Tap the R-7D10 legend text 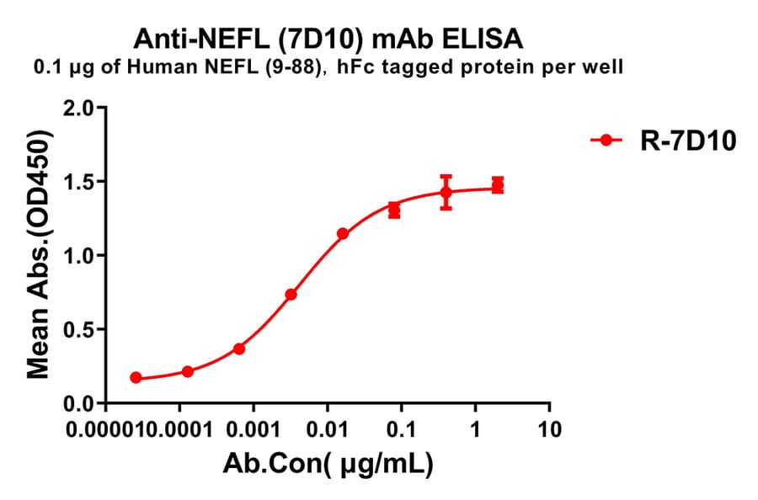(x=684, y=141)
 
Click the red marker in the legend (x=606, y=141)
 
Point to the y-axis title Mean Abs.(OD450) (x=38, y=256)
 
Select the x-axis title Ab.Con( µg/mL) (x=328, y=463)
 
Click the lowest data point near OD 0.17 (x=136, y=378)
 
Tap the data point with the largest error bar (x=446, y=193)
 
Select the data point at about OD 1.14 (x=342, y=233)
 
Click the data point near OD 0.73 (x=291, y=295)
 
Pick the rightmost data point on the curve (x=498, y=185)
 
